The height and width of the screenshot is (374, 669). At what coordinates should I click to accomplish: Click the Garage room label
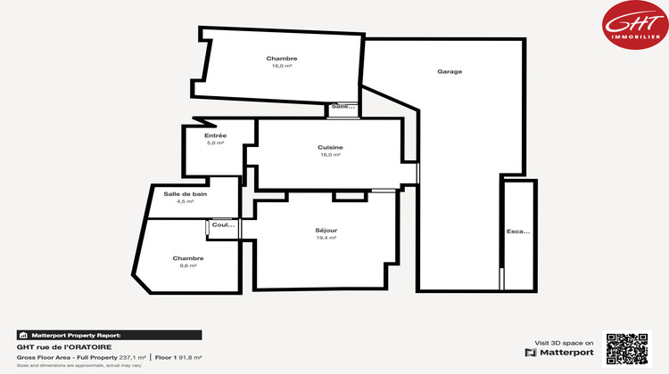(x=450, y=71)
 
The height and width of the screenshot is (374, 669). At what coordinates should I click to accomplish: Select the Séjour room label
(x=326, y=230)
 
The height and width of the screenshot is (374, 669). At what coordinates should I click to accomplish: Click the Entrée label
(x=216, y=135)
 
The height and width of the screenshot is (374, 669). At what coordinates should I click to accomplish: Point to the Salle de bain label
(x=186, y=194)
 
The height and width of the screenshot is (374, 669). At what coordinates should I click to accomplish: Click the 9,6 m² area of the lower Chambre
(x=188, y=265)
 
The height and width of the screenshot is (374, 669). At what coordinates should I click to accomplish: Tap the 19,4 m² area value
(x=326, y=238)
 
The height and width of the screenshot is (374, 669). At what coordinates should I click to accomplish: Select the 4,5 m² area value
(x=186, y=202)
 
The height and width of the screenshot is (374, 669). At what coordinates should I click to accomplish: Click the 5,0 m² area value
(x=216, y=142)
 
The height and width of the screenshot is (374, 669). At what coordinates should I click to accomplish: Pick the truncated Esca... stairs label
(x=518, y=232)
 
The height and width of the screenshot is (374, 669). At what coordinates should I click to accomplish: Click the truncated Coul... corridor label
(x=223, y=225)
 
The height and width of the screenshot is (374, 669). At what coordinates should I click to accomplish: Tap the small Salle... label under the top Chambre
(x=343, y=107)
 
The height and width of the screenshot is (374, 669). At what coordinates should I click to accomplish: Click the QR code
(x=627, y=350)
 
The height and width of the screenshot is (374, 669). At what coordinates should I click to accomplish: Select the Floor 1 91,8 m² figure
(x=178, y=357)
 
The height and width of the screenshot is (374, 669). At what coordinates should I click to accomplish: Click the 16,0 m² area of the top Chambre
(x=282, y=66)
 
